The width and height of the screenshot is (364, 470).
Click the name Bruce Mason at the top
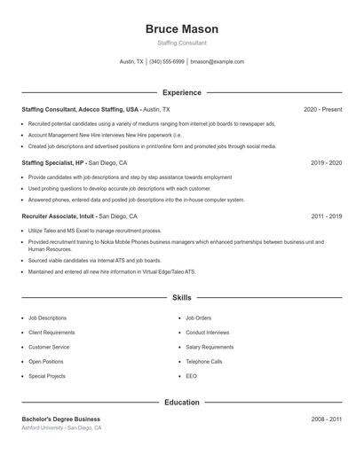click(x=181, y=29)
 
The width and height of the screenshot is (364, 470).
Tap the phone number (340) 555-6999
click(x=167, y=62)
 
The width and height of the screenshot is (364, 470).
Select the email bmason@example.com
click(x=217, y=62)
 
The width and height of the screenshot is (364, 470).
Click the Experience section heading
click(x=181, y=92)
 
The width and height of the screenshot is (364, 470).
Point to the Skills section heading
click(x=181, y=298)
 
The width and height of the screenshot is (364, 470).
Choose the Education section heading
click(x=181, y=402)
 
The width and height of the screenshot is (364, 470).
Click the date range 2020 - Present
click(x=322, y=109)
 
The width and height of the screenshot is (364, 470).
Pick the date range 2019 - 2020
click(x=326, y=163)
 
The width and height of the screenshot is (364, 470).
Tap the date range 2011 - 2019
click(x=326, y=216)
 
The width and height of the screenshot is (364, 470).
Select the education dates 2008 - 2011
click(x=326, y=419)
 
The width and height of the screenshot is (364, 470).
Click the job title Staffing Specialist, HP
click(x=53, y=163)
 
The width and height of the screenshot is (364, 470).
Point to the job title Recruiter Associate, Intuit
click(x=59, y=216)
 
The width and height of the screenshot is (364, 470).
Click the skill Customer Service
click(x=49, y=347)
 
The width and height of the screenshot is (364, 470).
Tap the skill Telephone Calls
click(x=204, y=362)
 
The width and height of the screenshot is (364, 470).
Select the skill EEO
click(x=191, y=376)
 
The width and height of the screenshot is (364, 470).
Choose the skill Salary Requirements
click(x=210, y=347)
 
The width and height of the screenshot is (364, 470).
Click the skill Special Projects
click(x=47, y=376)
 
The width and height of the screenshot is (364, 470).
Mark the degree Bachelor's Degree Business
click(x=61, y=419)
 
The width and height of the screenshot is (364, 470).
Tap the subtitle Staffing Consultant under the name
click(x=181, y=43)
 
